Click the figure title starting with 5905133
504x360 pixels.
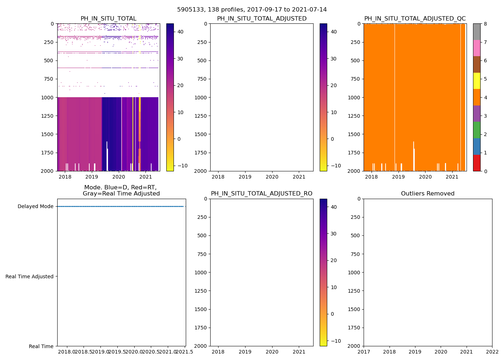click(x=252, y=10)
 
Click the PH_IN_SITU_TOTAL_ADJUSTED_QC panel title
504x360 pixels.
click(x=415, y=19)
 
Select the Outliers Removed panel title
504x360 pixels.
click(x=428, y=194)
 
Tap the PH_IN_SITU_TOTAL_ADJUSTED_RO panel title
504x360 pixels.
click(x=261, y=194)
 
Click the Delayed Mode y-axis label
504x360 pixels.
click(x=35, y=206)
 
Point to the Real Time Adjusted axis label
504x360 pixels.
click(x=30, y=276)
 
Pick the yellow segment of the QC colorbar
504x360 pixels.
click(x=476, y=81)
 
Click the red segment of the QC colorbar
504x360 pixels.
click(x=476, y=163)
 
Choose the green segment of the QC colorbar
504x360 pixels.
click(x=476, y=130)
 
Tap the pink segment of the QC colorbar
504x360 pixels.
click(x=476, y=48)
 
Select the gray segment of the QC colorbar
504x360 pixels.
click(x=476, y=32)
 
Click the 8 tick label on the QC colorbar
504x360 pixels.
click(x=485, y=24)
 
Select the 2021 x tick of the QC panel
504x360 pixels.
click(x=452, y=177)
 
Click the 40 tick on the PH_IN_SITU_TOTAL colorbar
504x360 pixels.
click(x=180, y=32)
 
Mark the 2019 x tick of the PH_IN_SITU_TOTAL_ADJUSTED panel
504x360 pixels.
click(x=245, y=177)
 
